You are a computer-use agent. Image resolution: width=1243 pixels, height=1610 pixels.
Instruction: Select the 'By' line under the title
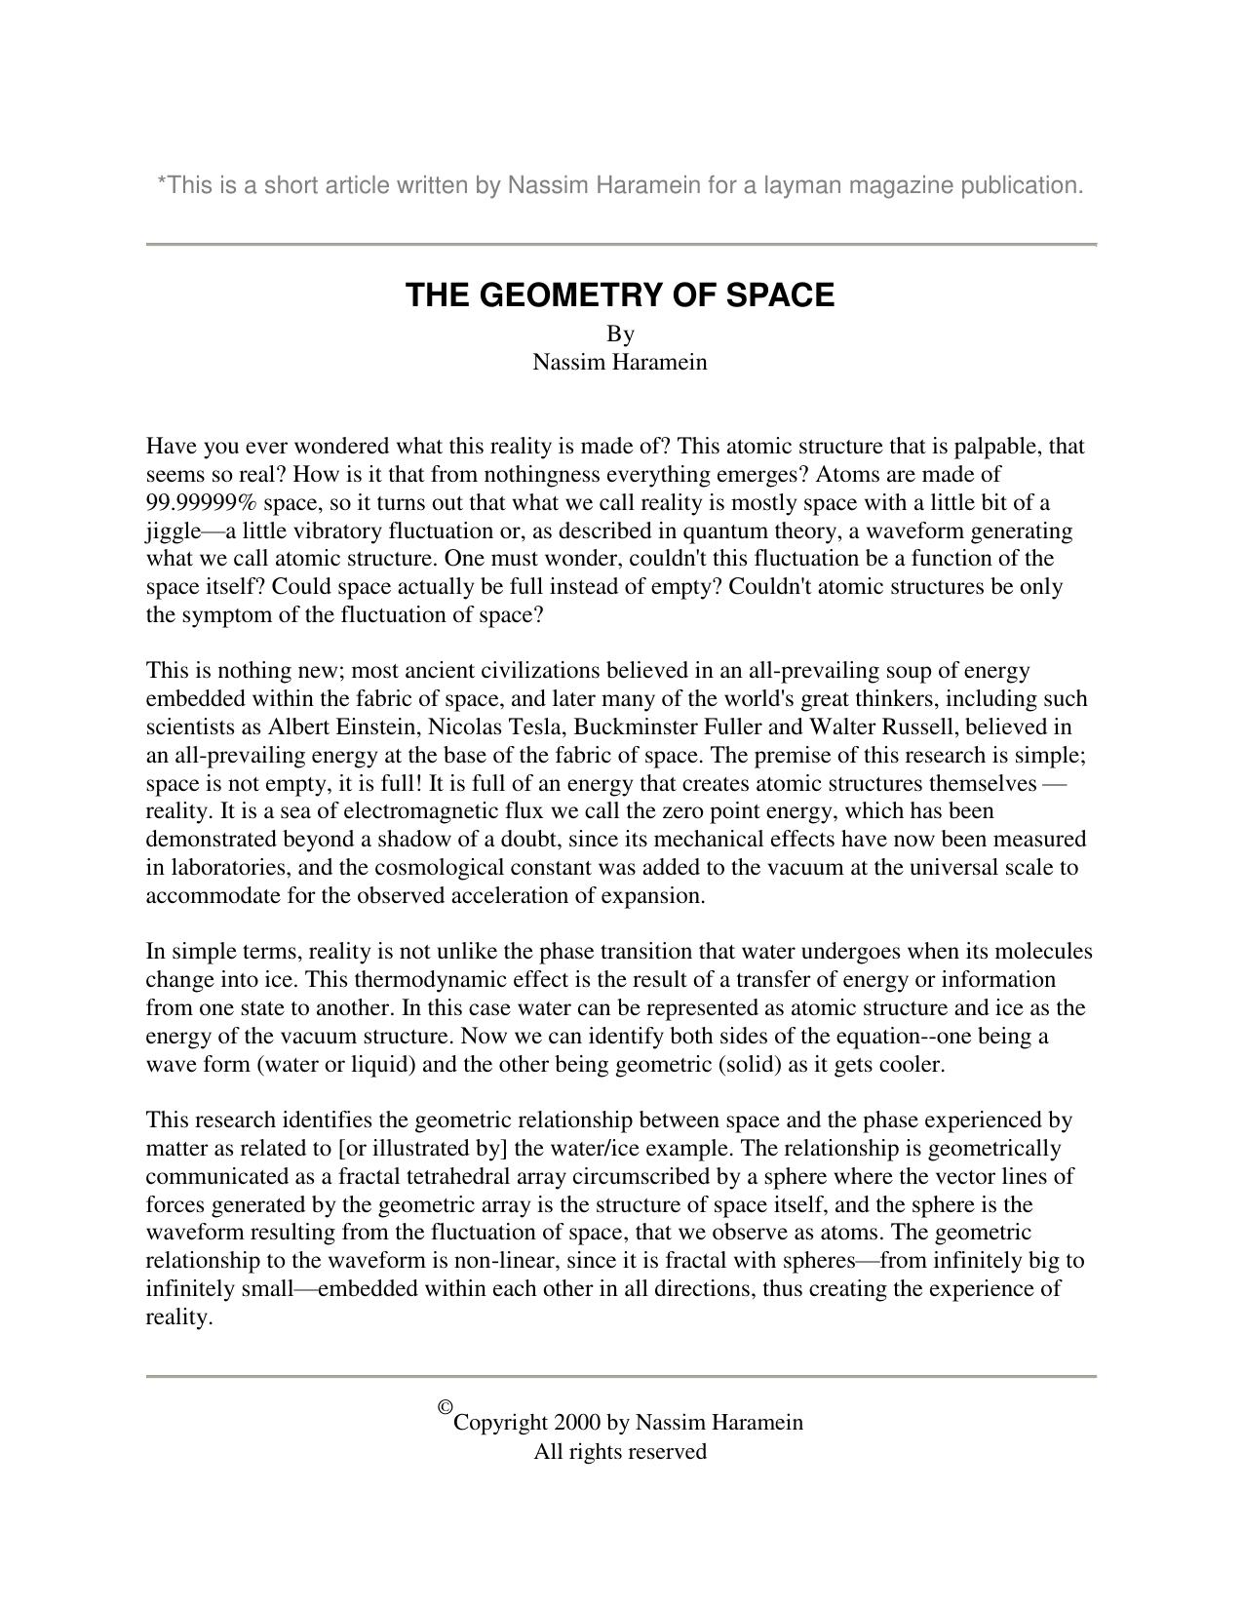coord(620,334)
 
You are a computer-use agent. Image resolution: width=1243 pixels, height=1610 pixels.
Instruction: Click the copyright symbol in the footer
coord(446,1406)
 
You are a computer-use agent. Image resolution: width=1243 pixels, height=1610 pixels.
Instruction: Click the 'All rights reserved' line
coord(620,1452)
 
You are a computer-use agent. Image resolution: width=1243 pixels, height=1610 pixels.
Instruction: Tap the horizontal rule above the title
coord(621,244)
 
